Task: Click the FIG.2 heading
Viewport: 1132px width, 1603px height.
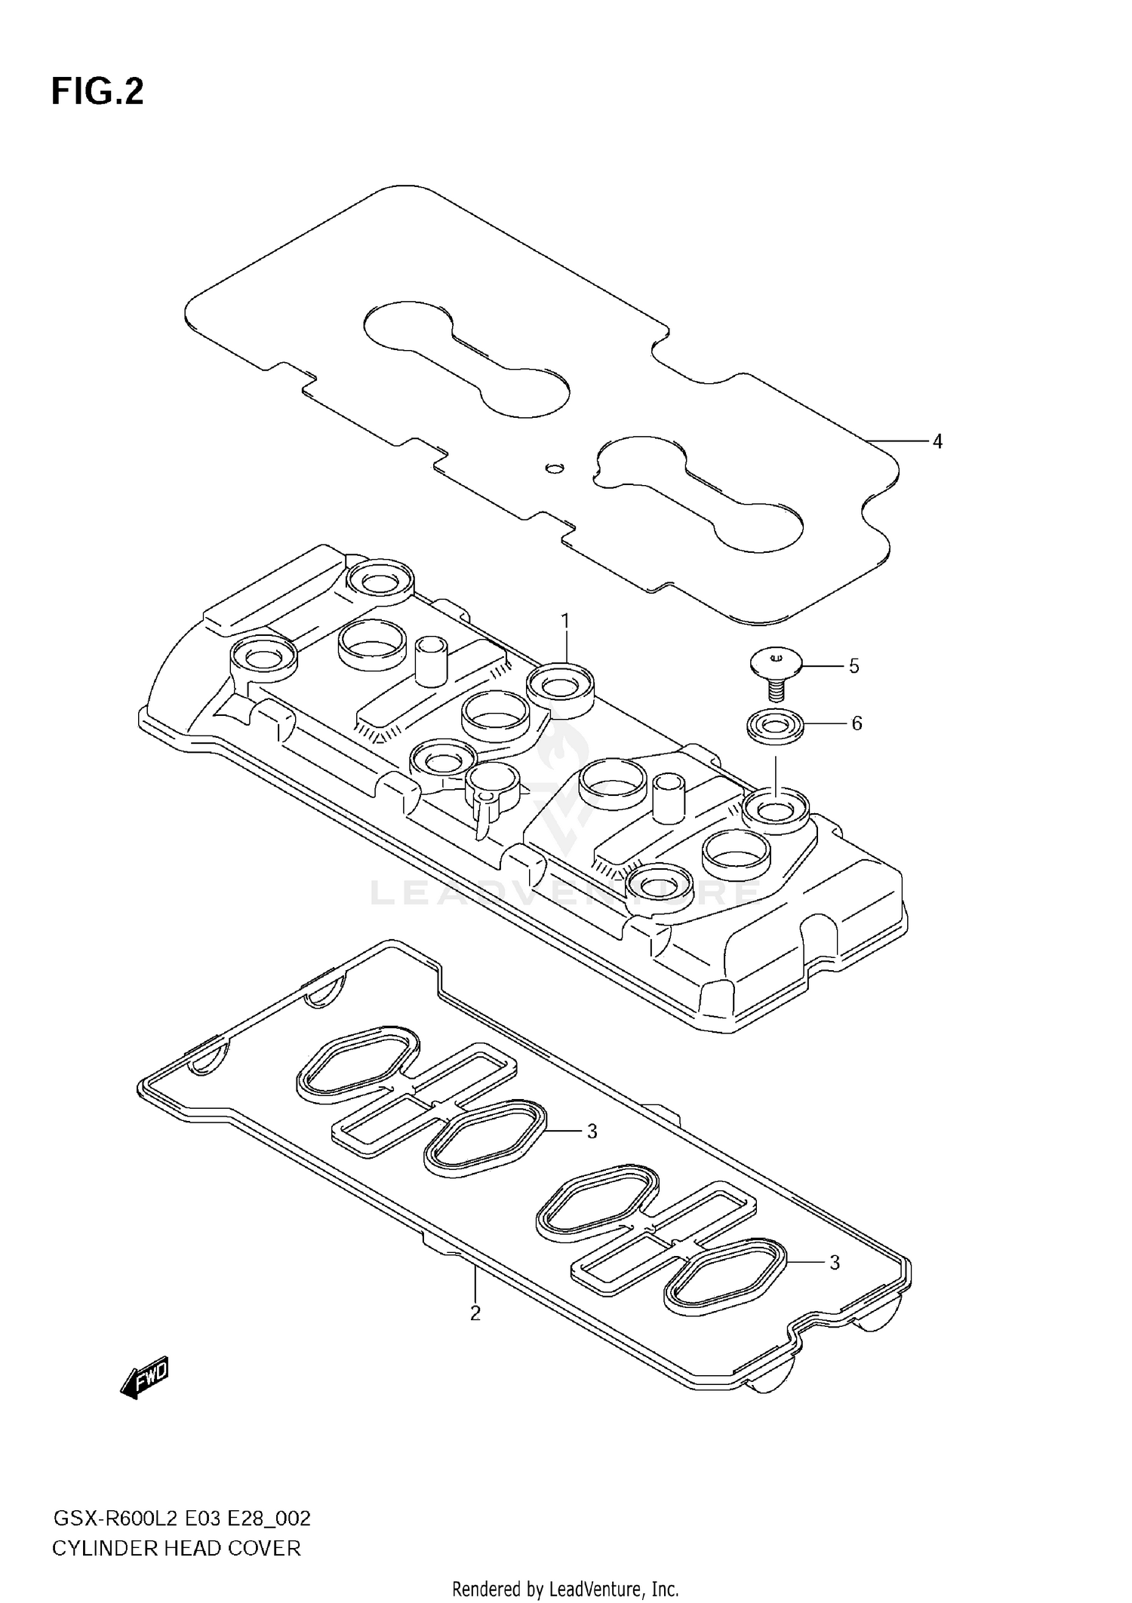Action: (x=97, y=91)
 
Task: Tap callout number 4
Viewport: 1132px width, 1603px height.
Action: (x=937, y=441)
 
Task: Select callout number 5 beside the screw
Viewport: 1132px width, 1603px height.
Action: (x=854, y=666)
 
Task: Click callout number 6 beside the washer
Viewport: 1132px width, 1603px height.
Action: (x=857, y=723)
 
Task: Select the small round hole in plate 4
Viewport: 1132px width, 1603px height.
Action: (x=555, y=468)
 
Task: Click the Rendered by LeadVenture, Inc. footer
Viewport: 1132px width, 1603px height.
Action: (x=565, y=1589)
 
